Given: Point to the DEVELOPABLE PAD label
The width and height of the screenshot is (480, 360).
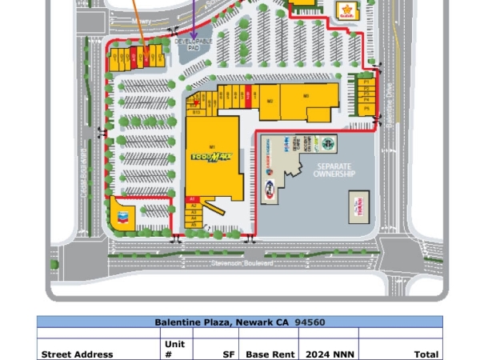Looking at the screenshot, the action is (193, 45).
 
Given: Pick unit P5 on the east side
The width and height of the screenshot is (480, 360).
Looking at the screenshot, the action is (366, 107).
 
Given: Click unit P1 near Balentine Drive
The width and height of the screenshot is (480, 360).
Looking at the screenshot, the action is (366, 82).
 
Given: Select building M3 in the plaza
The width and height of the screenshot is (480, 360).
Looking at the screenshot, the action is (306, 96).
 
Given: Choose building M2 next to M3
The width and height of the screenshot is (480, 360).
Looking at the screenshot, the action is (270, 101).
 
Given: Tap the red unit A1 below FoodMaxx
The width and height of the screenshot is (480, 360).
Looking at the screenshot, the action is (193, 198).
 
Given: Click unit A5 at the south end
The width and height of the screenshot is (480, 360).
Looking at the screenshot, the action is (193, 225).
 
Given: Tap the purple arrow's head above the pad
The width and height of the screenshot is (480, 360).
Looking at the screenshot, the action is (193, 34).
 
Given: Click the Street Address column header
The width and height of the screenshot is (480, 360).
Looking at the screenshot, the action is (77, 354).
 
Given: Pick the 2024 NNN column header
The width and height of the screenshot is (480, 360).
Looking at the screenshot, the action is (328, 354).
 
